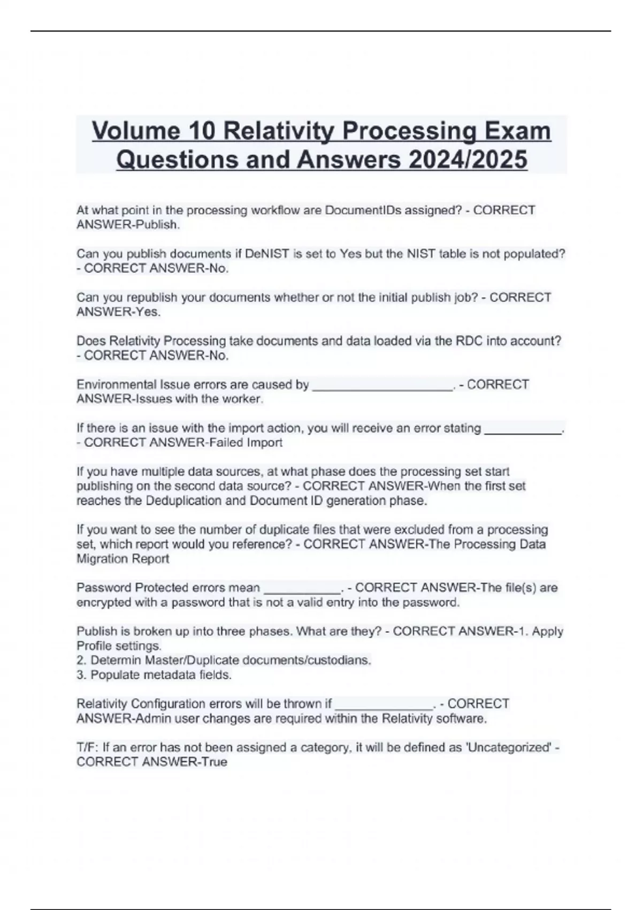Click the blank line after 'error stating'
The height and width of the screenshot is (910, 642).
pos(523,429)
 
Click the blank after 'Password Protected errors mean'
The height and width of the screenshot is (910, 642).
pos(302,589)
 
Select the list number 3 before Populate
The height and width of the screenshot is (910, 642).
pos(80,675)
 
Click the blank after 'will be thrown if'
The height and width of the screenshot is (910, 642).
pos(383,704)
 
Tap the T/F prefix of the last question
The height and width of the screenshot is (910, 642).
pos(87,747)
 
